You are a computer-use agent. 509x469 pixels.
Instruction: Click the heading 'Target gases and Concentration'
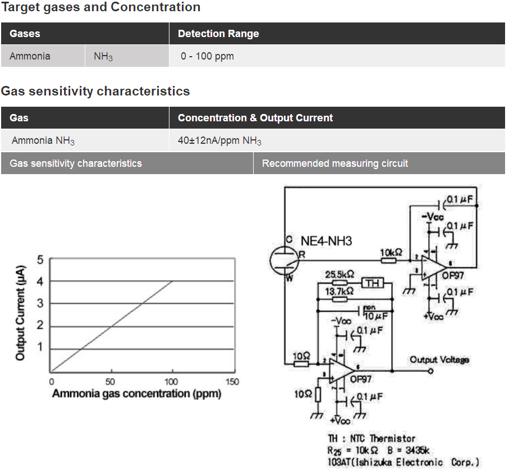[x=100, y=7]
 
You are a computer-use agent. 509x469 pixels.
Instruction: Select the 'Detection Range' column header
[x=218, y=34]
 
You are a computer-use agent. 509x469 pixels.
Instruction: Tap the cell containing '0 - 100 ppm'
[x=207, y=56]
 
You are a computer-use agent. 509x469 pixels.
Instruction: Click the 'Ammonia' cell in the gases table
[x=30, y=56]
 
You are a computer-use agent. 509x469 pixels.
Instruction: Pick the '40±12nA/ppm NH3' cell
[x=219, y=141]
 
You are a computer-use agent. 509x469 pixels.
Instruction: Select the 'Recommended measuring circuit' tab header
[x=335, y=163]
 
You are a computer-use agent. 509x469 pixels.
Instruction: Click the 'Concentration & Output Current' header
[x=255, y=118]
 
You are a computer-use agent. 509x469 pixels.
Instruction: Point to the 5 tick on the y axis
[x=40, y=259]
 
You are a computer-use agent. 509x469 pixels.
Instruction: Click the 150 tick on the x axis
[x=231, y=382]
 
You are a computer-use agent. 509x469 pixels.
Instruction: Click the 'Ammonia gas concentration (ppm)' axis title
[x=136, y=394]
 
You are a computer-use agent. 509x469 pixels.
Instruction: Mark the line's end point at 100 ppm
[x=172, y=281]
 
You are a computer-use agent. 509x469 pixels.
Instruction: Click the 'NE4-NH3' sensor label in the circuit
[x=326, y=242]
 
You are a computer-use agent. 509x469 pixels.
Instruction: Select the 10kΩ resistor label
[x=391, y=252]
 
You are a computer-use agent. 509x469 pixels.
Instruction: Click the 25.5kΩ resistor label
[x=340, y=275]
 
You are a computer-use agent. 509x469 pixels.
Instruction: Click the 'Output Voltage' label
[x=439, y=359]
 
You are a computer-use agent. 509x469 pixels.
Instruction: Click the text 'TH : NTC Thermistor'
[x=372, y=439]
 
